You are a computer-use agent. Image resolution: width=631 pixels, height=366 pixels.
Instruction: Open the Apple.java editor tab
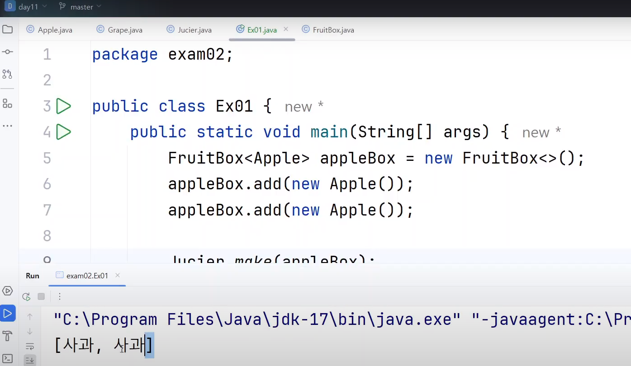click(x=55, y=30)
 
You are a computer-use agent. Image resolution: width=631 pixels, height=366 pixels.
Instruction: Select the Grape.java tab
click(x=125, y=30)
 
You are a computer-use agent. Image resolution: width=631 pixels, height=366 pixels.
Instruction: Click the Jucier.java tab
click(x=195, y=30)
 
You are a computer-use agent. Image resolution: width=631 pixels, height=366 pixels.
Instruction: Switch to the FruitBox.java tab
click(x=333, y=30)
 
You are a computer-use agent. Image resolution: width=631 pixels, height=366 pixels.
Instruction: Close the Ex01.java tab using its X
click(x=286, y=29)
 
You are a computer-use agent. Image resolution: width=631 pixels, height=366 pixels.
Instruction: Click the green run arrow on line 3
click(x=63, y=106)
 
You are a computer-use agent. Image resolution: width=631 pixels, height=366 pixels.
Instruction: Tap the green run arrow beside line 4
click(x=63, y=132)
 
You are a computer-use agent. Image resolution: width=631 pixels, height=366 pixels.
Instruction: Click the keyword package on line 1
click(x=125, y=55)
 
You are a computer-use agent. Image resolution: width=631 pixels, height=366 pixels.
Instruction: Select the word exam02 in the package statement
click(x=196, y=55)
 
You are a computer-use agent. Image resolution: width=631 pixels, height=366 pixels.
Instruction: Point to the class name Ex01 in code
click(x=234, y=106)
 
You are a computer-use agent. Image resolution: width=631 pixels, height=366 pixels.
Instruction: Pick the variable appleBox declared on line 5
click(x=357, y=158)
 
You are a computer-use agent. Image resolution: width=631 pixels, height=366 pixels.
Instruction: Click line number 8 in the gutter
click(x=47, y=235)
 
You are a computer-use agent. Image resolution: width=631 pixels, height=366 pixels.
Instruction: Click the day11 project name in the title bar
click(x=27, y=7)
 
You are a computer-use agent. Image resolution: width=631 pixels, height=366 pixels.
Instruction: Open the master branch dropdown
click(x=81, y=7)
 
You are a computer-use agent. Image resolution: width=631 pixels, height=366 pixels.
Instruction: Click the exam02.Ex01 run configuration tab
click(x=87, y=276)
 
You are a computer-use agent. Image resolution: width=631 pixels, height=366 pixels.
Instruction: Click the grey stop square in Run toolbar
click(x=41, y=296)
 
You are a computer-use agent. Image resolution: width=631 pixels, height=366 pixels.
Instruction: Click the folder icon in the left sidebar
click(x=7, y=30)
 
